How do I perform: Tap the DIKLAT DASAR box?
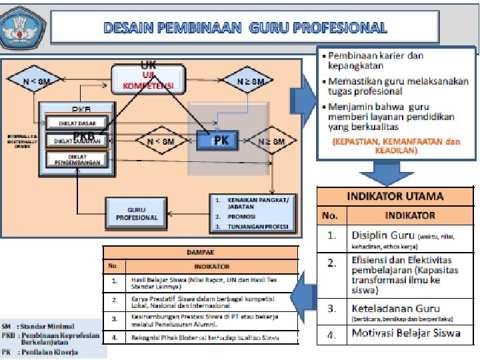click(74, 124)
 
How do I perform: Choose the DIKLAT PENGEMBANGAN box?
click(74, 159)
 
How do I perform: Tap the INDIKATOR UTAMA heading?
click(395, 197)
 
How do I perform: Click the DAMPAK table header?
click(199, 253)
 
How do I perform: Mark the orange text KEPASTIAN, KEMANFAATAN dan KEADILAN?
click(396, 146)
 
